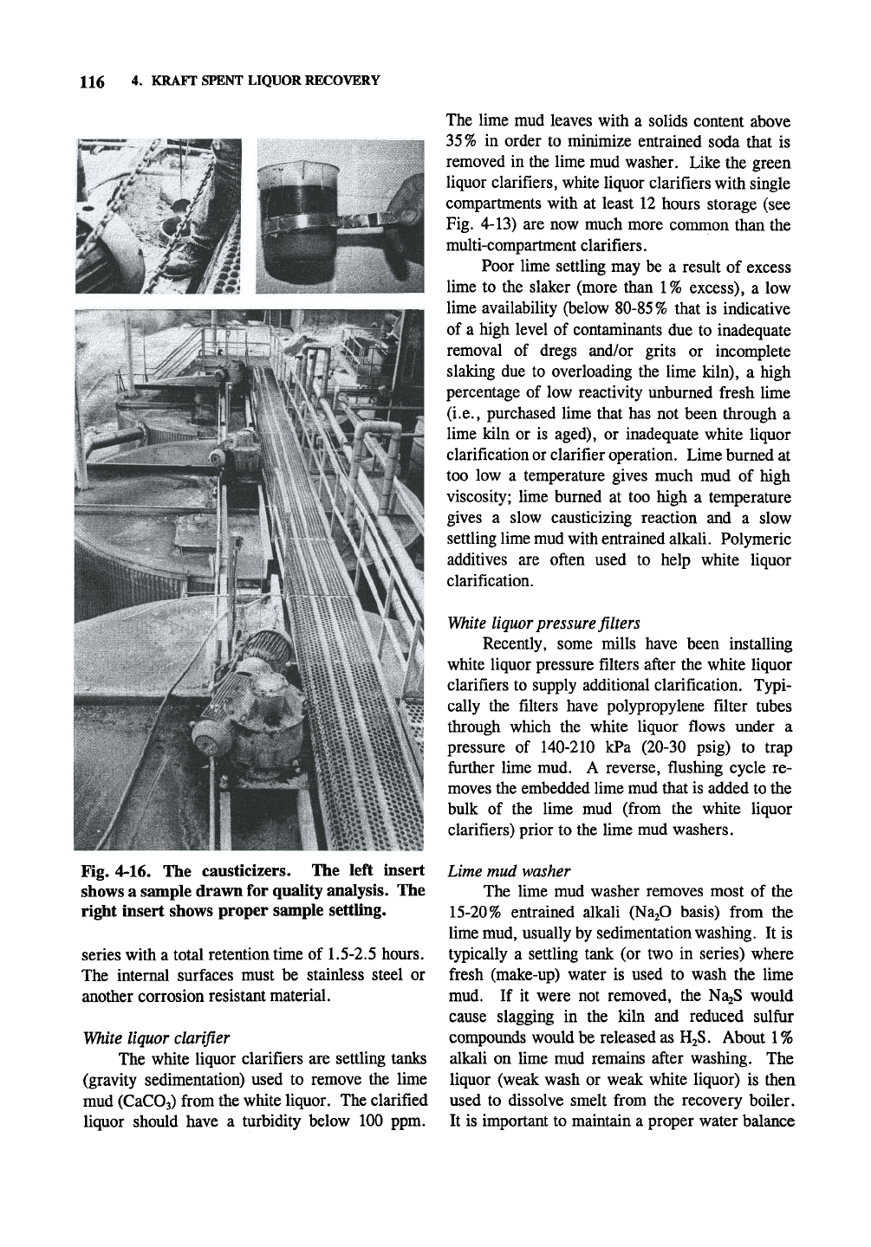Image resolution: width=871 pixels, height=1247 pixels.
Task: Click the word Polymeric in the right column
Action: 755,540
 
